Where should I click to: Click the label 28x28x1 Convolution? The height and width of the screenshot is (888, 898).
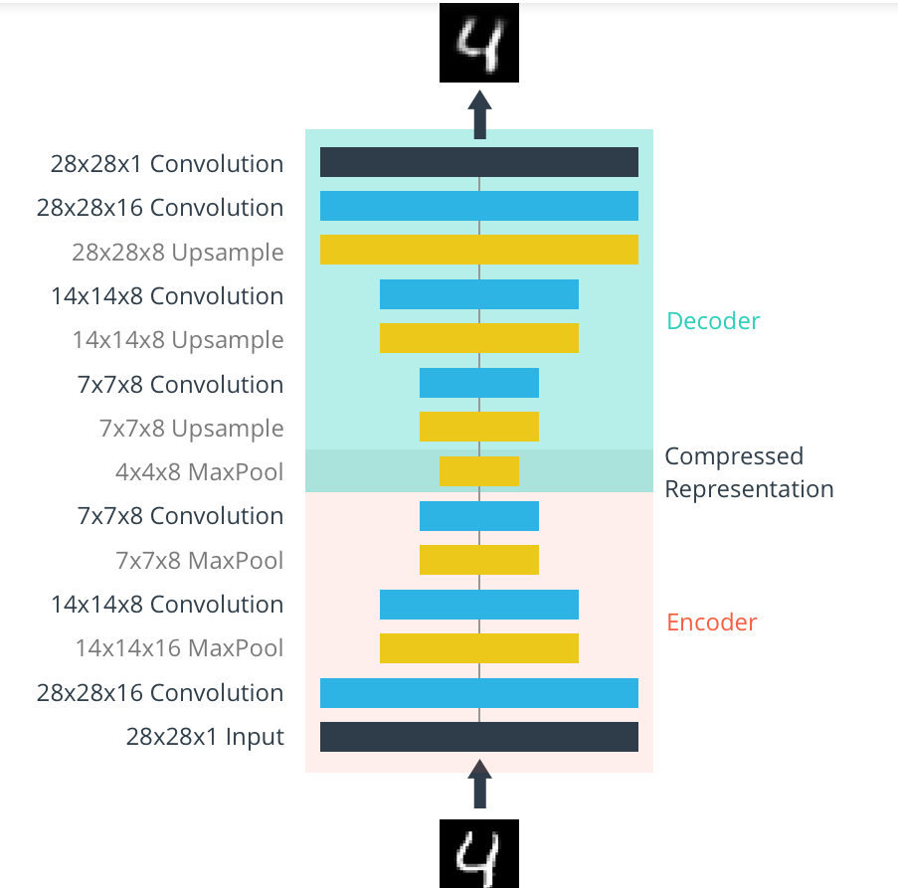tap(167, 164)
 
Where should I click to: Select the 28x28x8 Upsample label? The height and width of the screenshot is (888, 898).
tap(177, 253)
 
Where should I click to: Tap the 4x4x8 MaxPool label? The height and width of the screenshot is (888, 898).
tap(199, 472)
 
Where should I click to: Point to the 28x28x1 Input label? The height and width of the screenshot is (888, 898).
tap(205, 737)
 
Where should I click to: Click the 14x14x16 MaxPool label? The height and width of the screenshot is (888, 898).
tap(179, 648)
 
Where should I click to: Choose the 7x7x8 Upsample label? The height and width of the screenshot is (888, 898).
tap(191, 429)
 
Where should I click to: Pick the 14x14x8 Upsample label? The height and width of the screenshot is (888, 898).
tap(177, 340)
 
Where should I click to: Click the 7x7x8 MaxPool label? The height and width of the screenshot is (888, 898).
tap(199, 561)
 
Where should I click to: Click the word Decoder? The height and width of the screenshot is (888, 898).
tap(713, 321)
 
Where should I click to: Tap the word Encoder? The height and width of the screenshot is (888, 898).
tap(711, 622)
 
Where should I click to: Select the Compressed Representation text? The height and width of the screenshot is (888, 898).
tap(748, 472)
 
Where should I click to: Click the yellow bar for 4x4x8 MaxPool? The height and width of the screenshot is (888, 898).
tap(479, 471)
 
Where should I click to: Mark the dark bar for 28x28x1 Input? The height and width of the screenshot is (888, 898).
tap(479, 737)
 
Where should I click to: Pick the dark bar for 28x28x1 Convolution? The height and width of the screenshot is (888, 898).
tap(479, 162)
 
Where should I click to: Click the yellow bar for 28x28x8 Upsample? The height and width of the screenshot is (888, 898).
tap(479, 250)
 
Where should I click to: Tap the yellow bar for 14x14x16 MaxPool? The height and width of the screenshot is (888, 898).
tap(479, 648)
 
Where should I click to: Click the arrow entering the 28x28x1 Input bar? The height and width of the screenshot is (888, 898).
tap(479, 788)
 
